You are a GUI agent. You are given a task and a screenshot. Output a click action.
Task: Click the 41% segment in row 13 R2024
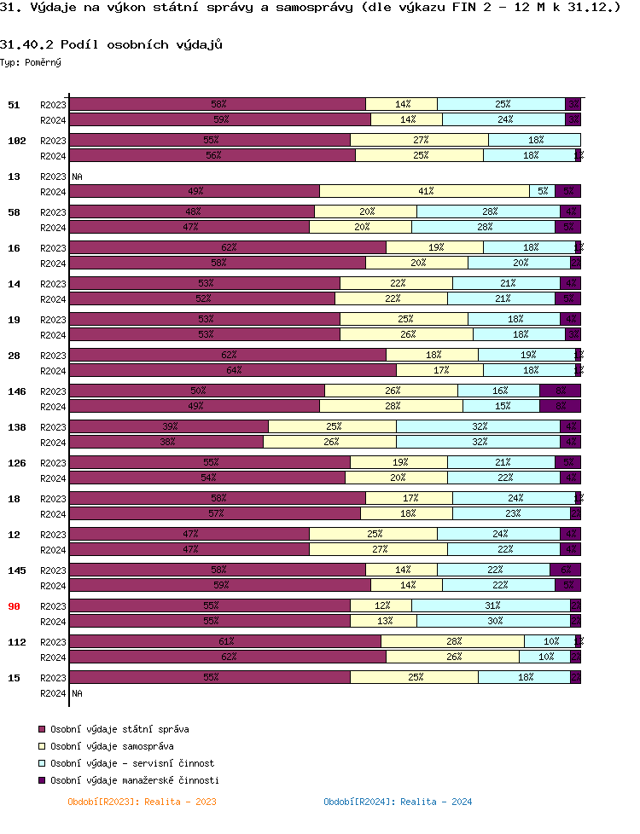click(x=425, y=192)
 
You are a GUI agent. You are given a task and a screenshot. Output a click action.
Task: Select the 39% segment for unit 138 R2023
click(x=169, y=426)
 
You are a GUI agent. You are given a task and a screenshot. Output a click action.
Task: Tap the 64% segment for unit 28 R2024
click(x=233, y=370)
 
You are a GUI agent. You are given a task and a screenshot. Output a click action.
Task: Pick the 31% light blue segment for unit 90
click(x=491, y=605)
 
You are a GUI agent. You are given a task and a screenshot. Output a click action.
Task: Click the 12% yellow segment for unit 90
click(x=381, y=605)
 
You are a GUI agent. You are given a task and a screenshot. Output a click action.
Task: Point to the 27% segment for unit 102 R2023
click(x=419, y=140)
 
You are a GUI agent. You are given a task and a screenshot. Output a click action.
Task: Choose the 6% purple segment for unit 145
click(x=565, y=570)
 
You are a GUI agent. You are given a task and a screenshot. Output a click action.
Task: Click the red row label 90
click(x=14, y=606)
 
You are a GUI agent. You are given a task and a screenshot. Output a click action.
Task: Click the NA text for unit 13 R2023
click(x=77, y=177)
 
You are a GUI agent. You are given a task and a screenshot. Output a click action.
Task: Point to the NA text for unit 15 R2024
click(x=77, y=693)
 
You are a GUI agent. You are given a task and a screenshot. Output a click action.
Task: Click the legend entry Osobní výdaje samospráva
click(x=112, y=746)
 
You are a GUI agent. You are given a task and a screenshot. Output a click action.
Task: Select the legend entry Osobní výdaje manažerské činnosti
click(x=135, y=780)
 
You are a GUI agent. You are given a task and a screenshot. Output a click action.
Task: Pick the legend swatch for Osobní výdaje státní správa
click(x=41, y=730)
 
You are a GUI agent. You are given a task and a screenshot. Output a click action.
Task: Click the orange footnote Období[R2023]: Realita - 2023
click(x=142, y=802)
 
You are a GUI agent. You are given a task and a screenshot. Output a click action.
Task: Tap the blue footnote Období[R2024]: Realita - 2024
click(x=398, y=802)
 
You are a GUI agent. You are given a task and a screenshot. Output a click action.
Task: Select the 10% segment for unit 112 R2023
click(x=550, y=641)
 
